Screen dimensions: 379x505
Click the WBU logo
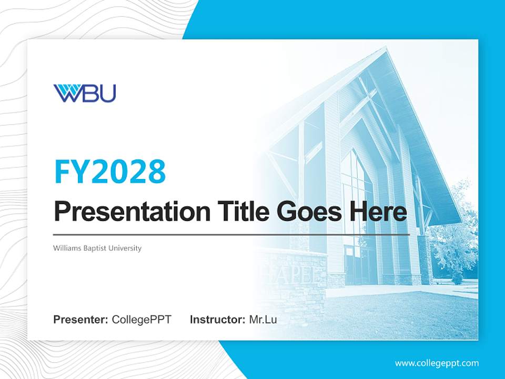point(84,93)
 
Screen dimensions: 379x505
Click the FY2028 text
point(110,171)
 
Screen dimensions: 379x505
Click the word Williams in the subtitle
point(66,248)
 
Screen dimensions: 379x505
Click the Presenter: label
point(81,320)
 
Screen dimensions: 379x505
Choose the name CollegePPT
point(142,320)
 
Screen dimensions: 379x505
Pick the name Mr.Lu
point(263,320)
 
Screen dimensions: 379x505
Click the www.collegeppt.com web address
point(437,363)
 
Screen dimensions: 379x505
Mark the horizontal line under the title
point(231,234)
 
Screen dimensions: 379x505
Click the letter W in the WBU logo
point(66,93)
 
